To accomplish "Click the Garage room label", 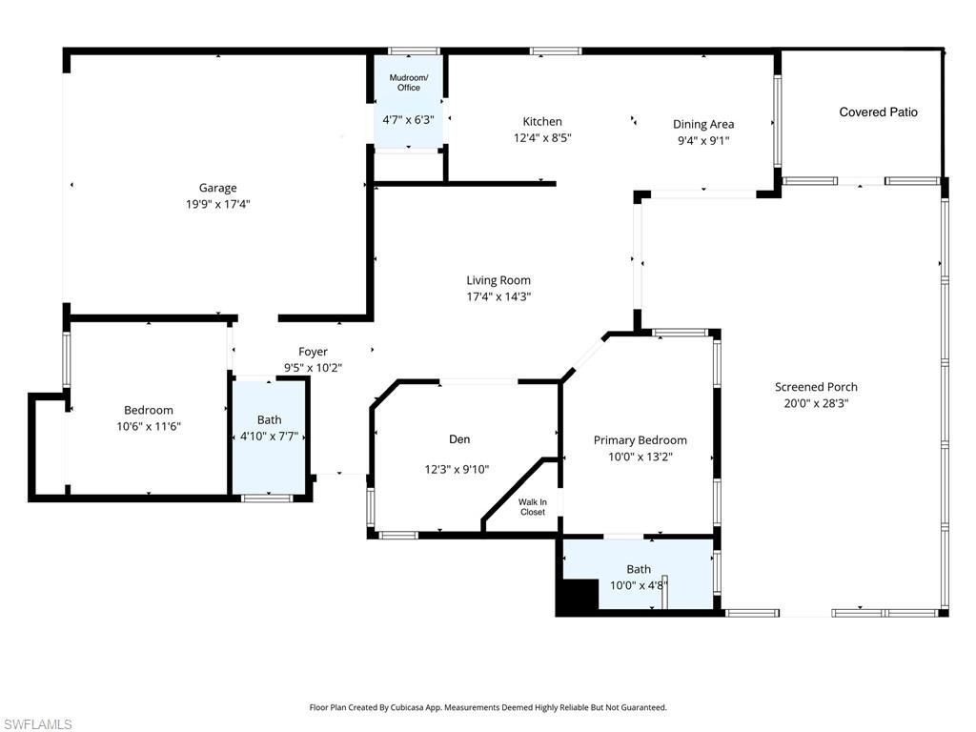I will tap(217, 188).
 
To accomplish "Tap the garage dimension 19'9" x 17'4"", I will tap(217, 204).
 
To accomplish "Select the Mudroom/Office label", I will tap(408, 82).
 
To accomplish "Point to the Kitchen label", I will tap(542, 122).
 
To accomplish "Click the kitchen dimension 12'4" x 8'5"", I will tap(542, 137).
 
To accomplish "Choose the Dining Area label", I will tap(703, 124).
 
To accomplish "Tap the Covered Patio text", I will tap(878, 112).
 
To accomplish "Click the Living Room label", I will tap(498, 280).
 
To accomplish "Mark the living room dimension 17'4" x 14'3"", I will tap(498, 296).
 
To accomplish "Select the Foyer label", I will tap(313, 352).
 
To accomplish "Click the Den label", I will tap(459, 439).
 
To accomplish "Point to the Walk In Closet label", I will tap(533, 507).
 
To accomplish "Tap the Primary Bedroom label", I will tap(640, 440).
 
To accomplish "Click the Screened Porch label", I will tap(816, 387).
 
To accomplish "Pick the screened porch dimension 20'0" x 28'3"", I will tap(816, 403).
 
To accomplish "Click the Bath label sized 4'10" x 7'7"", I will tap(269, 419).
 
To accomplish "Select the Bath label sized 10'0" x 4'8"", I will tap(639, 570).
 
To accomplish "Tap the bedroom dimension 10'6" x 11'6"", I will tap(149, 427).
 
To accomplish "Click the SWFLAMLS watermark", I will tap(37, 724).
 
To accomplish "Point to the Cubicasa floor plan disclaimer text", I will tap(488, 707).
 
